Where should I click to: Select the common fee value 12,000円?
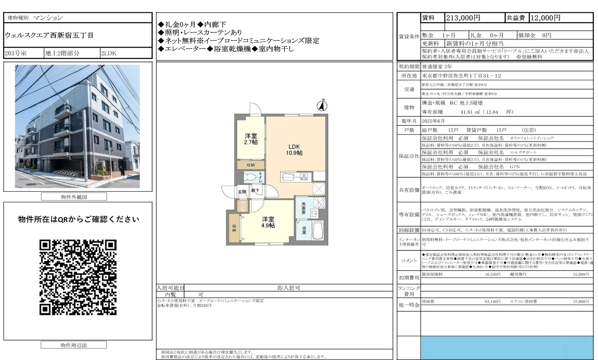(545, 18)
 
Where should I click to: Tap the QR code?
(78, 277)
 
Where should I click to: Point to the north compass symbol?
(322, 106)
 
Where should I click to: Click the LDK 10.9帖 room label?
(294, 150)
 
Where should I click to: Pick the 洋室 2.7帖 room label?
(251, 139)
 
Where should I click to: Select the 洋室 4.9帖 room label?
(268, 222)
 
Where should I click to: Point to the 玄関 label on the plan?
(242, 192)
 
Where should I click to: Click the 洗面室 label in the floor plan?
(303, 208)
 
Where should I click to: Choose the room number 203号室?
(16, 53)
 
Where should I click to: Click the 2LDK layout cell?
(109, 53)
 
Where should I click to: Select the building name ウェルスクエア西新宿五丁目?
(49, 35)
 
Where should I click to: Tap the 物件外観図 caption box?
(74, 197)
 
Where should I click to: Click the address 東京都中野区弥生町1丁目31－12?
(462, 76)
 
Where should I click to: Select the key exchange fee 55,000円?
(581, 274)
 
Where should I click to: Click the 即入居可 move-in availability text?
(289, 288)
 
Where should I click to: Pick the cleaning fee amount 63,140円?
(492, 302)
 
